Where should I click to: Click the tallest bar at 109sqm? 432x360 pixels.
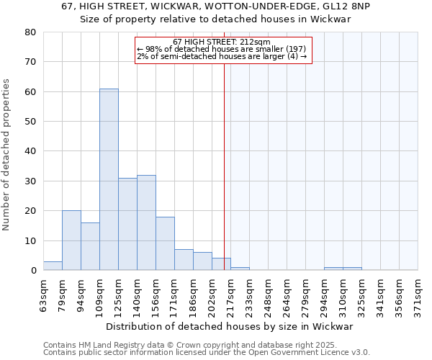[109, 179]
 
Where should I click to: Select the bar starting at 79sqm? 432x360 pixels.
[71, 240]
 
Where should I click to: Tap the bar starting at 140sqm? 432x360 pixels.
[146, 222]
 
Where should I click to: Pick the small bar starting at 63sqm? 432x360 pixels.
[53, 266]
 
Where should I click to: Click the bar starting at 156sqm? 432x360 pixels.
[165, 243]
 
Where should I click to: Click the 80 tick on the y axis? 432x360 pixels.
[30, 32]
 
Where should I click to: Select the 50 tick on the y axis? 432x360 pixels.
[30, 122]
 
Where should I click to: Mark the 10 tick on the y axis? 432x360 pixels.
[30, 240]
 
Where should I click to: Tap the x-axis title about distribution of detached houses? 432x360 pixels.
[230, 326]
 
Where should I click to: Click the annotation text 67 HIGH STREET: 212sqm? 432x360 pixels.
[222, 42]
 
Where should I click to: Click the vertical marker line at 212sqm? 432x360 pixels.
[224, 166]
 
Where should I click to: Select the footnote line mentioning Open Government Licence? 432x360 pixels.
[207, 352]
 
